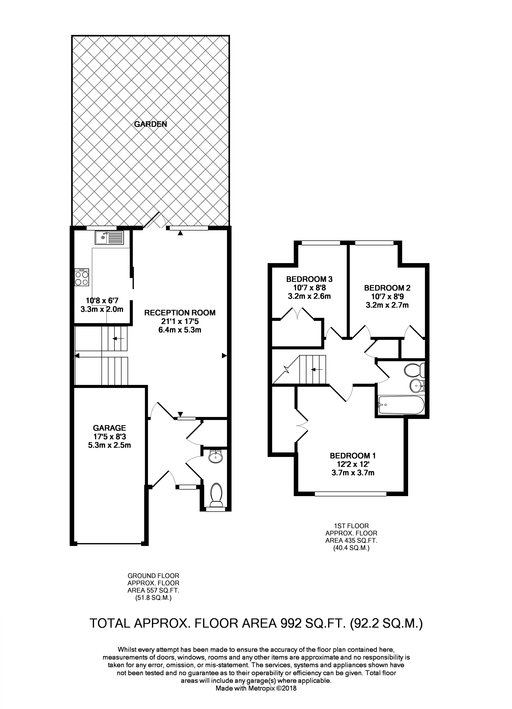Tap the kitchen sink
tap(109, 238)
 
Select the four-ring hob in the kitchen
tap(82, 277)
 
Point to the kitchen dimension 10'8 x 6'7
tap(102, 301)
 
